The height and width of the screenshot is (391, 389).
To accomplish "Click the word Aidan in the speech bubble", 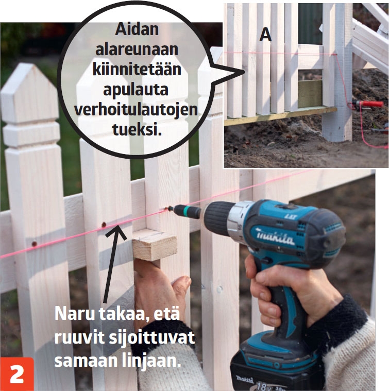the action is pos(137,29).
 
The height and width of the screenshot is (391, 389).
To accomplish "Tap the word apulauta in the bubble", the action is pos(136,90).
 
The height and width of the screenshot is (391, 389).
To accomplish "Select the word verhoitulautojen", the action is pos(136,110).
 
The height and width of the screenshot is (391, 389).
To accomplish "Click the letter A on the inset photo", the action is pos(265,35).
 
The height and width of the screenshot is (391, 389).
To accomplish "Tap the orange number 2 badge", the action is pos(16,374).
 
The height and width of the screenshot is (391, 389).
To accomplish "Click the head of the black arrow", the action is pos(116,231).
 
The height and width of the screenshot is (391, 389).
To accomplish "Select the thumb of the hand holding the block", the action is pos(181,287).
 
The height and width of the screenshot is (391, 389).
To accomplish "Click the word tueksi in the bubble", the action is pos(137,130).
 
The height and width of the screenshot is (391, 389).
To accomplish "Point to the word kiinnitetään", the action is pos(137,70).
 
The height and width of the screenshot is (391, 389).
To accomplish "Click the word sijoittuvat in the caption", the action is pos(152,338).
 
